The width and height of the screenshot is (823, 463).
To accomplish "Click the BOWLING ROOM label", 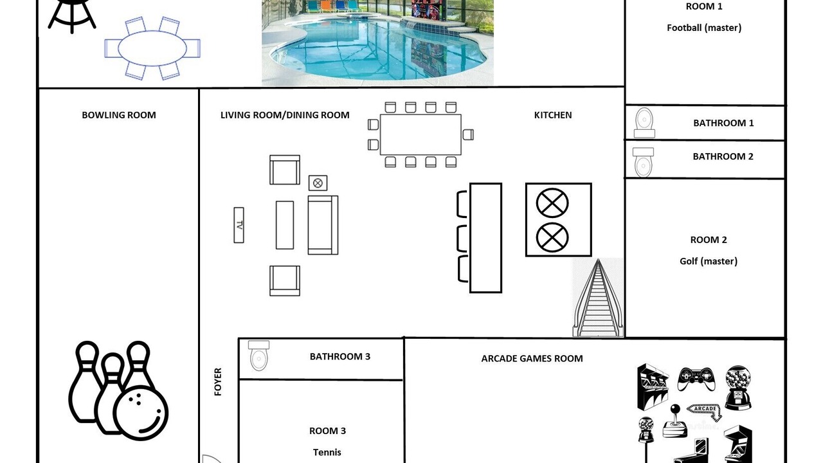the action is click(119, 115).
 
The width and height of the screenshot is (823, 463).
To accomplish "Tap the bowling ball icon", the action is click(140, 412).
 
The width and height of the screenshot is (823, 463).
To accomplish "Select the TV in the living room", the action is click(239, 225).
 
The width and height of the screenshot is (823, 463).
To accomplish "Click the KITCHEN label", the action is click(552, 115).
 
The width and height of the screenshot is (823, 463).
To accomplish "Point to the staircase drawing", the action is click(598, 298).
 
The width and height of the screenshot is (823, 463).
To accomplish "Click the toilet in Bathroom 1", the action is click(644, 123).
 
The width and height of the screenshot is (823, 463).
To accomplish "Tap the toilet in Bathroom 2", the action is click(643, 163).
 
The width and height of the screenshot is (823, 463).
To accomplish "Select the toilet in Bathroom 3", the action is click(258, 356).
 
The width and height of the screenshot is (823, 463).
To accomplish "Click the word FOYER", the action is click(218, 382).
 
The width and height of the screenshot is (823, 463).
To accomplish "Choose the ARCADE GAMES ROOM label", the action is click(532, 359).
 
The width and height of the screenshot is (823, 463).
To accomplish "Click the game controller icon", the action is click(696, 379).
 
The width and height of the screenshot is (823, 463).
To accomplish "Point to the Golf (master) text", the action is click(709, 261).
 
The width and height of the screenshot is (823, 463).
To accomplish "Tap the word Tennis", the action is click(327, 452).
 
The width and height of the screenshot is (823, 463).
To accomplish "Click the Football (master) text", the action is click(704, 28).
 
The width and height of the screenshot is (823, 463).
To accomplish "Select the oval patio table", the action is click(152, 48).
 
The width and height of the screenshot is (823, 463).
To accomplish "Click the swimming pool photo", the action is click(377, 42).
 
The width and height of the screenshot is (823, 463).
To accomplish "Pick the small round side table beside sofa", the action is click(318, 183).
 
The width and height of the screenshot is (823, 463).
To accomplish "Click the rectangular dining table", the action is click(421, 134).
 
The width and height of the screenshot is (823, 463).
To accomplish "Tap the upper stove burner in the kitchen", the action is click(552, 203).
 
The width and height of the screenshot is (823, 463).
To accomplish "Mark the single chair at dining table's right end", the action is click(468, 134).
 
